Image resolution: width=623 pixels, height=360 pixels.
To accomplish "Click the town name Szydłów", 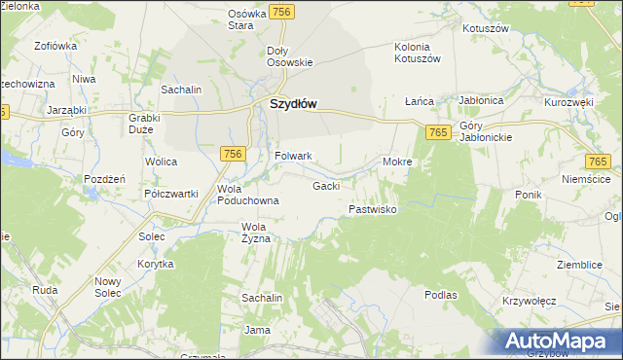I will point(293,104).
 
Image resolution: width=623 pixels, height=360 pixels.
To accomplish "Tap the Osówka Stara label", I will point(247,20).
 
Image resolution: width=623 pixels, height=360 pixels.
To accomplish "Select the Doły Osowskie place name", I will point(289,56).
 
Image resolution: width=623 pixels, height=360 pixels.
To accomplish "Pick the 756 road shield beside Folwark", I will point(232,154).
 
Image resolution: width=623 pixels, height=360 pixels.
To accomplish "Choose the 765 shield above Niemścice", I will point(598,162).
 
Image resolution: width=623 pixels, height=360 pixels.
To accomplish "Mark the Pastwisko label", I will point(372,209).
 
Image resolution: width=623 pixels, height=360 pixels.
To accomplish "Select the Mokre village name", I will point(398,162).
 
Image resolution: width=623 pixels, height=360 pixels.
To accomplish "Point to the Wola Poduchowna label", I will point(248,195).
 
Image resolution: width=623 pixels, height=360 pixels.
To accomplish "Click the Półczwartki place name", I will point(171,194).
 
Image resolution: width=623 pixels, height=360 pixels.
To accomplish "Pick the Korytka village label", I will point(156,264).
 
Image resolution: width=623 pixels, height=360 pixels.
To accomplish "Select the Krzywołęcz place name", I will point(529,302).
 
